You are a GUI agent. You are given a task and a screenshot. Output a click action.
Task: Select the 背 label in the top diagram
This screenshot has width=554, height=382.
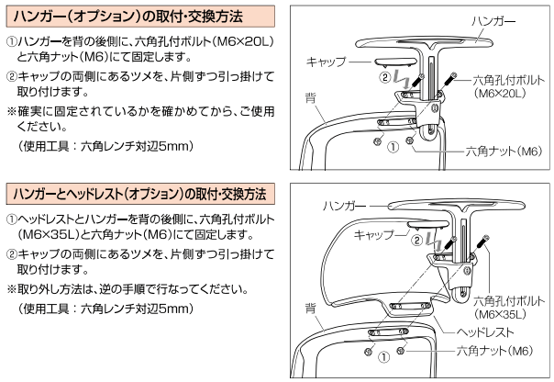(x=311, y=95)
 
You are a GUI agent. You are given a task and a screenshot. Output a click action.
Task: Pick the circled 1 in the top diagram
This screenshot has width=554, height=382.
(x=393, y=146)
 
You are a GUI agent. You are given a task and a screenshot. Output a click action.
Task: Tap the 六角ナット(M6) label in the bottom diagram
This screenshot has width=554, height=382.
(x=495, y=350)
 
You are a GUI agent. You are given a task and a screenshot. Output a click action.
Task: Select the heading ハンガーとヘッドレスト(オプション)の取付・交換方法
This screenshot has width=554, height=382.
(x=138, y=196)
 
